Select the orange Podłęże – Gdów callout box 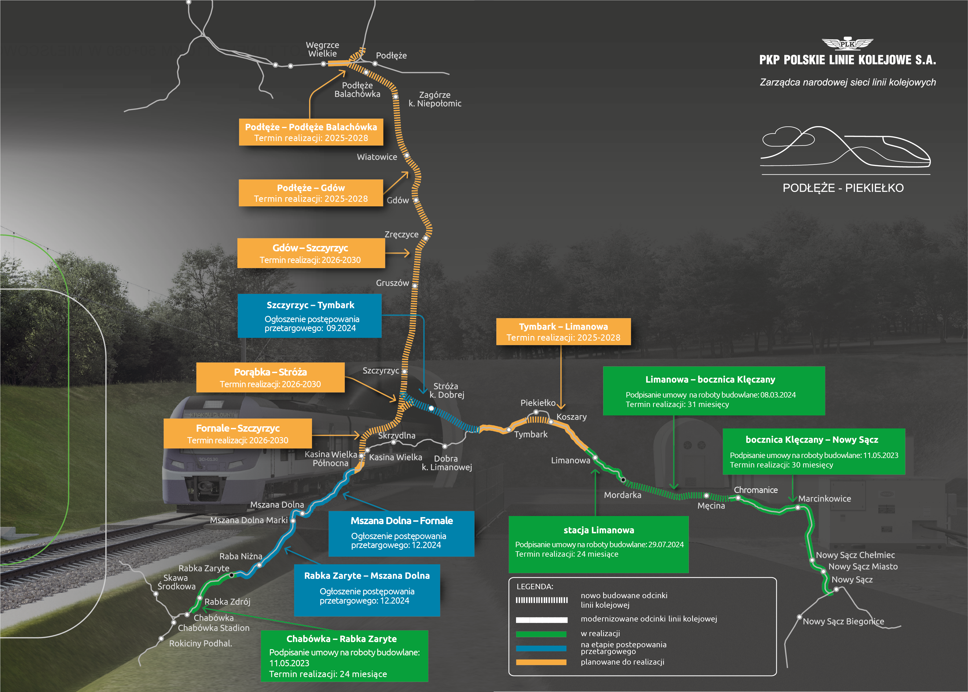pos(311,193)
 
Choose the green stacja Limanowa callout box pos(598,544)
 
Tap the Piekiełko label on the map pos(538,403)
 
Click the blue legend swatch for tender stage pos(541,648)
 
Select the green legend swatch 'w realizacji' pos(541,634)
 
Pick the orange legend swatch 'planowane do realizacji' pos(541,662)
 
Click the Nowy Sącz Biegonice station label pos(843,621)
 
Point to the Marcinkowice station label pos(824,499)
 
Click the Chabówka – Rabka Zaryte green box pos(344,656)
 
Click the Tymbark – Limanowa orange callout pos(563,332)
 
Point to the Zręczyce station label pos(401,234)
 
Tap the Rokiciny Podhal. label pos(200,643)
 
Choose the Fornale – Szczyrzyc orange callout pos(238,433)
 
